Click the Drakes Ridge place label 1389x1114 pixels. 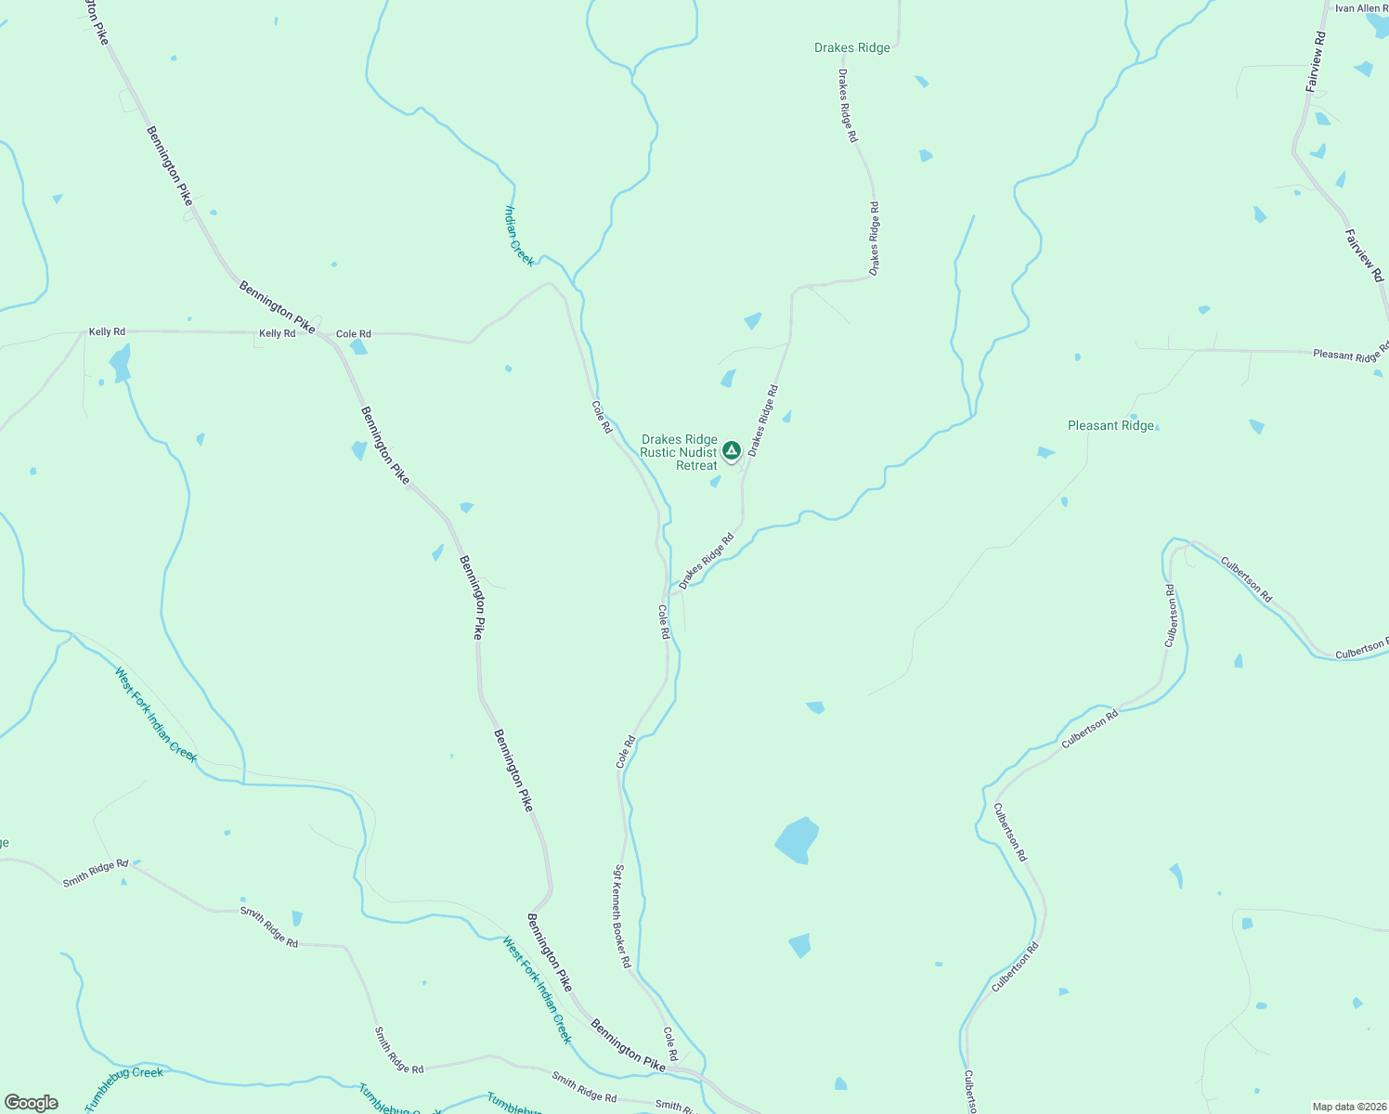click(x=851, y=48)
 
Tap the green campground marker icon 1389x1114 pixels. click(x=731, y=450)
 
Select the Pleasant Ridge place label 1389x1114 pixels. click(x=1110, y=426)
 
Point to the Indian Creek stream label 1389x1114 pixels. click(x=519, y=236)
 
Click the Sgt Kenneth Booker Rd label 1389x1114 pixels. click(x=621, y=916)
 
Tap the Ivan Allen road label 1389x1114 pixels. click(x=1361, y=8)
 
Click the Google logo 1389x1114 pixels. click(x=31, y=1103)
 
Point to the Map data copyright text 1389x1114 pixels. click(x=1348, y=1106)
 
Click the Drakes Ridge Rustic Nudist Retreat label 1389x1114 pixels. click(x=679, y=452)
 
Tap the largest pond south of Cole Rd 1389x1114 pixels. click(x=797, y=840)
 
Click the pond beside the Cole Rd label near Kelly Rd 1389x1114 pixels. click(x=358, y=347)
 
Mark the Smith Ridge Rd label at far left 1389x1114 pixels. click(x=95, y=874)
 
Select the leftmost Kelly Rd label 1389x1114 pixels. click(x=107, y=331)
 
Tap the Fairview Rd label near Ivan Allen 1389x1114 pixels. click(x=1317, y=61)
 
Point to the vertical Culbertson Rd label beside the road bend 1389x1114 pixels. click(x=1171, y=615)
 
